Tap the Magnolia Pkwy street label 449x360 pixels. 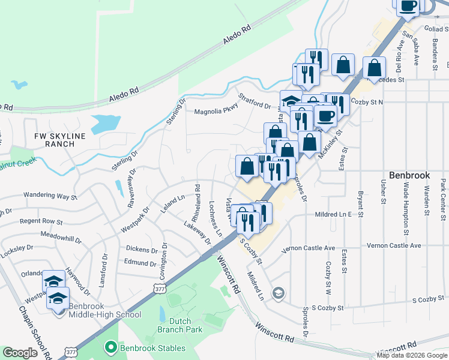[x=216, y=111]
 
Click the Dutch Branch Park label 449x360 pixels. [x=174, y=325]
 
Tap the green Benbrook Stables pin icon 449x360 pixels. [x=110, y=346]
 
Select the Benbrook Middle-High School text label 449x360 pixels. [x=104, y=314]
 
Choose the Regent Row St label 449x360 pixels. [x=41, y=221]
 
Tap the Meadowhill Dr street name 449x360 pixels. [x=60, y=238]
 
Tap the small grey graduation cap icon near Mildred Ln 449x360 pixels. [x=278, y=293]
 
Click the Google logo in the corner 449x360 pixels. [x=20, y=353]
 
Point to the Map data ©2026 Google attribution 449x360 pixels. [x=412, y=355]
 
